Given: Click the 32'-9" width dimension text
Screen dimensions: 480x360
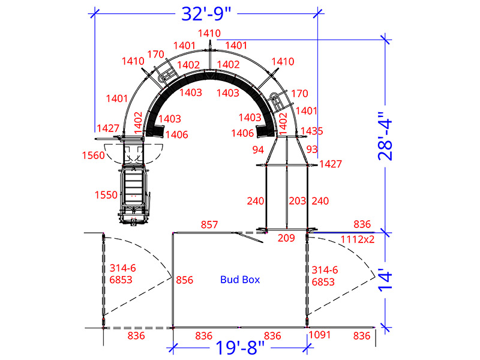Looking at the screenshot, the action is tap(206, 14).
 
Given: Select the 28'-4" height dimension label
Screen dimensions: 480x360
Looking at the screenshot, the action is tap(385, 136).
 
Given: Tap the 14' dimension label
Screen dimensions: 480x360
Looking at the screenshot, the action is tap(385, 280).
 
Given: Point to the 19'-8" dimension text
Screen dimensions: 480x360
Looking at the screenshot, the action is tap(239, 347).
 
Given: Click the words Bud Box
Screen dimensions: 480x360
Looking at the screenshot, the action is tap(240, 280).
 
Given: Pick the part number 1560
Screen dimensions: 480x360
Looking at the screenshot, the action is tap(94, 155).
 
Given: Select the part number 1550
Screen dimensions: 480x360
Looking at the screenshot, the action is tap(106, 194).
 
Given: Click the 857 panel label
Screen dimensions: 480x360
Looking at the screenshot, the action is tap(209, 224).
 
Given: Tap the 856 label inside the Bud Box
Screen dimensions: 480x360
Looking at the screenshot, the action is tap(185, 280).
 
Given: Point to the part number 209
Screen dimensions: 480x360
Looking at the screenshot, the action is tap(286, 238).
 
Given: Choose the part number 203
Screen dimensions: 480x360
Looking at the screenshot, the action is tap(298, 201).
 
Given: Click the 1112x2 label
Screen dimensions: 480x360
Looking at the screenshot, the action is tap(358, 239).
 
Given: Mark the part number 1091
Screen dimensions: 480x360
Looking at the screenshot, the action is tap(320, 335).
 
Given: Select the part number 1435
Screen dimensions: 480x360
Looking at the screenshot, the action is tap(311, 131).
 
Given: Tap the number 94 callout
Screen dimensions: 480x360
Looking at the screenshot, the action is tap(258, 149).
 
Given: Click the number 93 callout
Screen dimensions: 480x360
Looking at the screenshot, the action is tap(312, 149).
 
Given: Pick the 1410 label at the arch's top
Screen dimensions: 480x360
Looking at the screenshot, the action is tap(209, 33).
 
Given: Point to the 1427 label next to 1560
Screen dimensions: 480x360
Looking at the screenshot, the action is tap(108, 128).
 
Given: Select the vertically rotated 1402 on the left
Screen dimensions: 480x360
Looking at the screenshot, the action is tap(139, 123).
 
